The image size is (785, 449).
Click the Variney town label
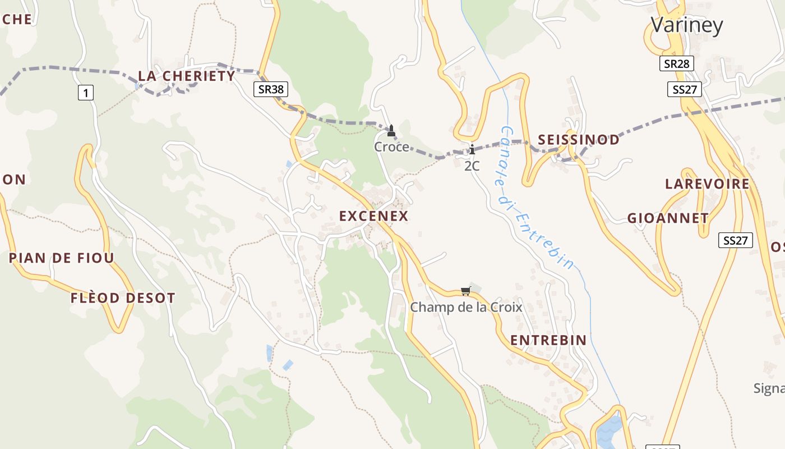(686, 25)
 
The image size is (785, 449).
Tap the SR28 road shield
(676, 63)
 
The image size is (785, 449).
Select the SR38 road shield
(271, 88)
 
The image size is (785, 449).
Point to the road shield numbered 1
(85, 93)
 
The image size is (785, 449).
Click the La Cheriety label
(187, 76)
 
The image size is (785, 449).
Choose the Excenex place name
(373, 216)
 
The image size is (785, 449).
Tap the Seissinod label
(579, 140)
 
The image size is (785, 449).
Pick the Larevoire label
(707, 184)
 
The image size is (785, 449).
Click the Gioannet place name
(668, 218)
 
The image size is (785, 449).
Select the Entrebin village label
(548, 340)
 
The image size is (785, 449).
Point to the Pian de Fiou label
(62, 258)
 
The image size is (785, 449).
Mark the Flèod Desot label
(123, 298)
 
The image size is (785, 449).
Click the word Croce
(391, 147)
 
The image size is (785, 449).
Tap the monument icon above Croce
(391, 131)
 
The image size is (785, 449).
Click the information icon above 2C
(472, 149)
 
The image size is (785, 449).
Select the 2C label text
(472, 166)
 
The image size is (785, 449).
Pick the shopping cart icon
(465, 291)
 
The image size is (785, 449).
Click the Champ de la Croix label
(466, 308)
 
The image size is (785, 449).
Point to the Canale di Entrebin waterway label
(536, 196)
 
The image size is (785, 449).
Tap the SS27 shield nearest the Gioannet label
(735, 241)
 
